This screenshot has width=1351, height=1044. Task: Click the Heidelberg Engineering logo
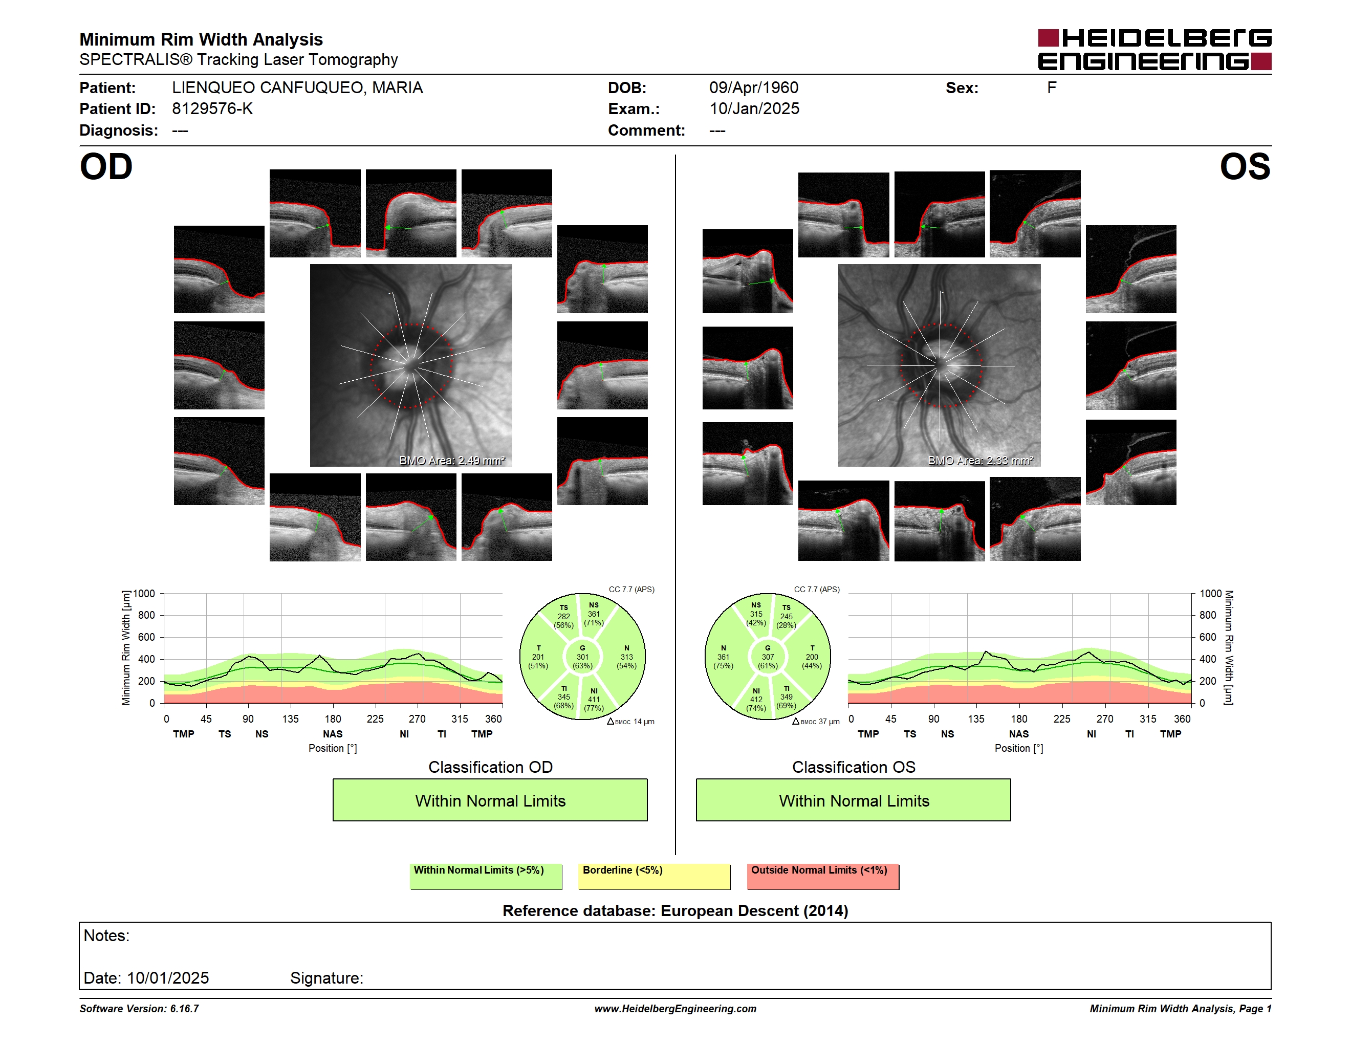(1154, 50)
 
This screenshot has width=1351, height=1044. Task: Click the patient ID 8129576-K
(212, 109)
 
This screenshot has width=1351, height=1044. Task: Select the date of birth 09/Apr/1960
(753, 88)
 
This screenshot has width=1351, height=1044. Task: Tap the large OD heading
(106, 167)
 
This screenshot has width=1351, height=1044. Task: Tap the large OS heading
(1245, 167)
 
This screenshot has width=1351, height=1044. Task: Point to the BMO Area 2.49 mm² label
(452, 460)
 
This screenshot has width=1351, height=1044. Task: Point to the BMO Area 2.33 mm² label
(980, 460)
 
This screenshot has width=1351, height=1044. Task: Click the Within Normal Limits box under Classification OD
(490, 800)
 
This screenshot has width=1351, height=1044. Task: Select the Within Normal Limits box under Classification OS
(854, 800)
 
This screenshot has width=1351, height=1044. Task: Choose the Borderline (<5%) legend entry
(655, 876)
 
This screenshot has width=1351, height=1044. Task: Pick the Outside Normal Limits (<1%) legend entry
(823, 876)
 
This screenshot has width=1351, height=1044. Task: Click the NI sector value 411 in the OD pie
(594, 700)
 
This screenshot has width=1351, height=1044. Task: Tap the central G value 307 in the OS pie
(768, 657)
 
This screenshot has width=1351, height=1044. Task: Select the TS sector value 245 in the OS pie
(786, 616)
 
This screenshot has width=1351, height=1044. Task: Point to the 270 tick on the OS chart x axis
(1105, 719)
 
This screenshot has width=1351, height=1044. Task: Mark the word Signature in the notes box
(326, 978)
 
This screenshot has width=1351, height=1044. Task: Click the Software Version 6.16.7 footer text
(139, 1009)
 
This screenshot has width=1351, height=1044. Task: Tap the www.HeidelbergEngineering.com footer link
(675, 1009)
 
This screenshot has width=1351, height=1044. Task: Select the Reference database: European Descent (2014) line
(675, 910)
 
